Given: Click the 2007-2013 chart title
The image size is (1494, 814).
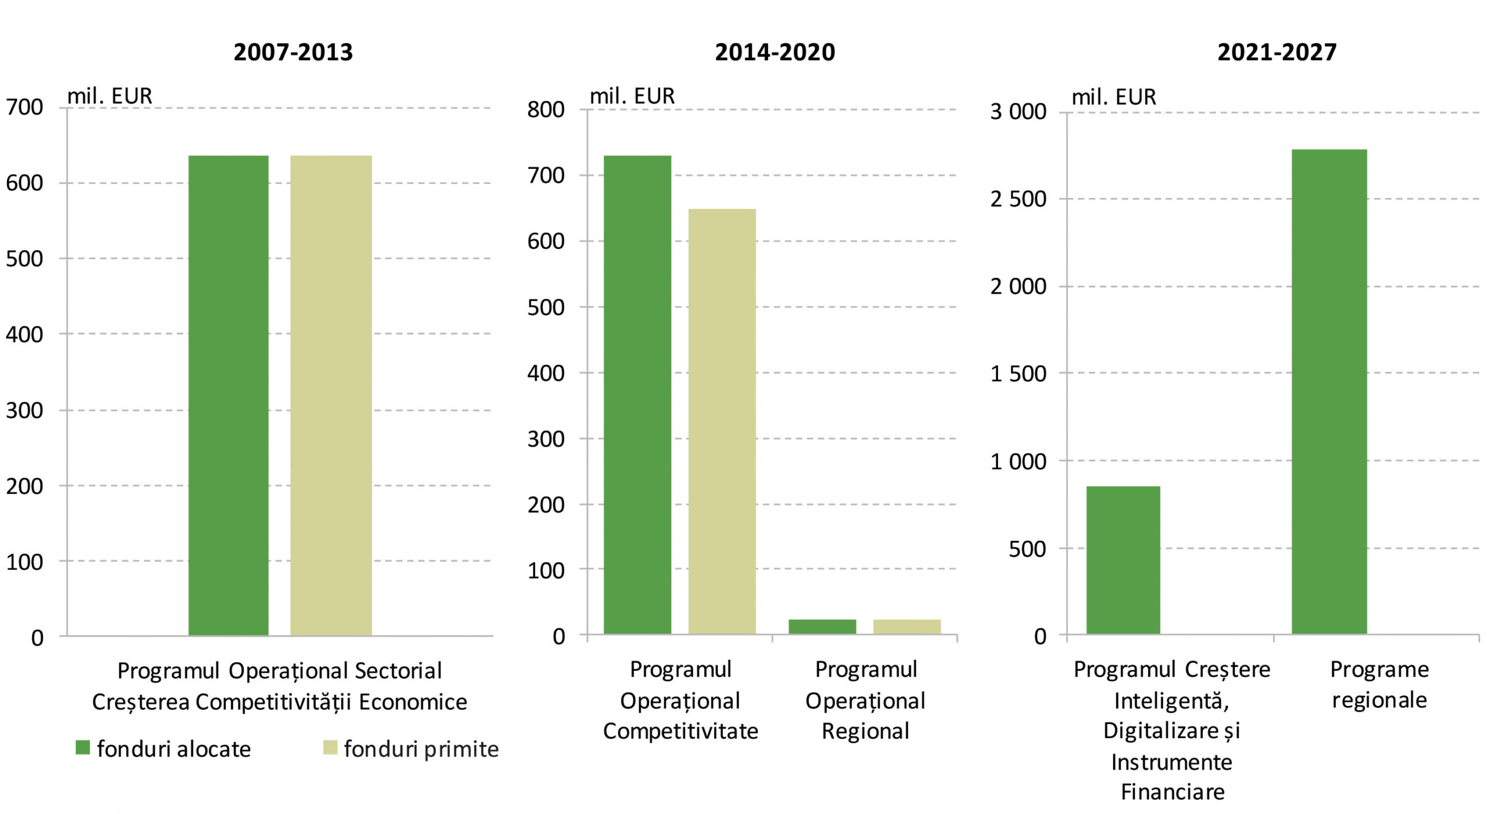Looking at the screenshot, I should [x=293, y=53].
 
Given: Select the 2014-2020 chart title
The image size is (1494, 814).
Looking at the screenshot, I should [x=774, y=53].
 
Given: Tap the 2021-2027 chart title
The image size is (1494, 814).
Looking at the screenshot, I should [x=1276, y=53].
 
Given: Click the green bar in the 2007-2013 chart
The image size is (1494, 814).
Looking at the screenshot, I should [x=228, y=395].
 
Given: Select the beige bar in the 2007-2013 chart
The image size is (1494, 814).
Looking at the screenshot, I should [x=331, y=395].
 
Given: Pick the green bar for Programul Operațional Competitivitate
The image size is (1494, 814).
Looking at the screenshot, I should [x=637, y=395].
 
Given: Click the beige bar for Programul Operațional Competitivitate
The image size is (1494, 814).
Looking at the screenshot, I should [x=722, y=421].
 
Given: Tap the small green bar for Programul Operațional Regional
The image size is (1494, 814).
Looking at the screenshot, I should [x=822, y=627].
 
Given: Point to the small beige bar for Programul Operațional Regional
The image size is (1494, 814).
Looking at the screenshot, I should [x=907, y=627].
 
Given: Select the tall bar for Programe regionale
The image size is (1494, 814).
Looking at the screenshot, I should [x=1329, y=391].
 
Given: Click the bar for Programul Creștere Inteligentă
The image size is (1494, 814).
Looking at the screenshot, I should [x=1123, y=560].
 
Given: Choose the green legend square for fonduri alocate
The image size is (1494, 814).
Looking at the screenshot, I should [x=83, y=747].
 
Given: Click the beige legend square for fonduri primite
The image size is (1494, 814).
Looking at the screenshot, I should [x=330, y=747].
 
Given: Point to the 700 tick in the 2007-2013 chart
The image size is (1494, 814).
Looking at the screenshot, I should [x=25, y=107].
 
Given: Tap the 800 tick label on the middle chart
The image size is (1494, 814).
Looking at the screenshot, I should [x=546, y=110].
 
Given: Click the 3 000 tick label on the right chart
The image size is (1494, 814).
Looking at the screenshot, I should [x=1018, y=112].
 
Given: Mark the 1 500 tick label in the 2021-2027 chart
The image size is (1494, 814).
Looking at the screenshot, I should [x=1018, y=374].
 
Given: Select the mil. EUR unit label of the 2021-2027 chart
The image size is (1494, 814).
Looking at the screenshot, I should [x=1113, y=97].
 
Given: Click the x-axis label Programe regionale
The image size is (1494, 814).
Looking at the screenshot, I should [x=1379, y=684].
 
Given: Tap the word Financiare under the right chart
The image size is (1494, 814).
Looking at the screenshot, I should [x=1172, y=792].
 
